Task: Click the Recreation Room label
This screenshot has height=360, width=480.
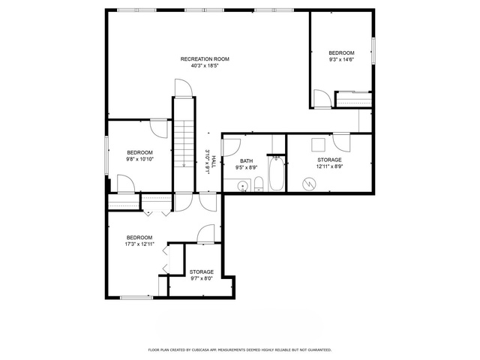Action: click(205, 59)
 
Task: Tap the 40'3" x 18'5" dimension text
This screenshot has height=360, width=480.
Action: click(205, 65)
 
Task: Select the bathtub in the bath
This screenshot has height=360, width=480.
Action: click(277, 173)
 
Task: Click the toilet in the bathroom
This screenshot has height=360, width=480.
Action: click(259, 184)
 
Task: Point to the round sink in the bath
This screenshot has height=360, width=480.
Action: click(243, 185)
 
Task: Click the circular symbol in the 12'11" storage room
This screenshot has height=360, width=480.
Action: click(309, 184)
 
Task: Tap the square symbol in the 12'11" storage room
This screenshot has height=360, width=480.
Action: click(318, 145)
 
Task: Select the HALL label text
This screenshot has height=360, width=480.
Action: click(214, 161)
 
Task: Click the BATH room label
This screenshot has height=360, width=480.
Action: click(247, 161)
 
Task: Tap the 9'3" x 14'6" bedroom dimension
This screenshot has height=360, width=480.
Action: click(341, 60)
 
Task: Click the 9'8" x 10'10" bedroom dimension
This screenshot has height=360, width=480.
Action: click(139, 159)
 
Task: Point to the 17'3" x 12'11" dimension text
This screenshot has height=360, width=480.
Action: click(139, 244)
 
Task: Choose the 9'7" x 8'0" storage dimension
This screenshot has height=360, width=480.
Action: click(202, 278)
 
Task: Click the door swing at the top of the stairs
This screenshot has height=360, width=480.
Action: click(183, 88)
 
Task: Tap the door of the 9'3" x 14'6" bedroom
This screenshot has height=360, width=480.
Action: click(322, 98)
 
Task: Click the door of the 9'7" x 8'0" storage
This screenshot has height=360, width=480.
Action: click(205, 234)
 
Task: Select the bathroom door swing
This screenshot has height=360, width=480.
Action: click(232, 148)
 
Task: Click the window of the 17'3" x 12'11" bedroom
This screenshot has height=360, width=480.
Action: click(136, 297)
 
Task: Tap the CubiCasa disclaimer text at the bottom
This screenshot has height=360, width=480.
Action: click(240, 349)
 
